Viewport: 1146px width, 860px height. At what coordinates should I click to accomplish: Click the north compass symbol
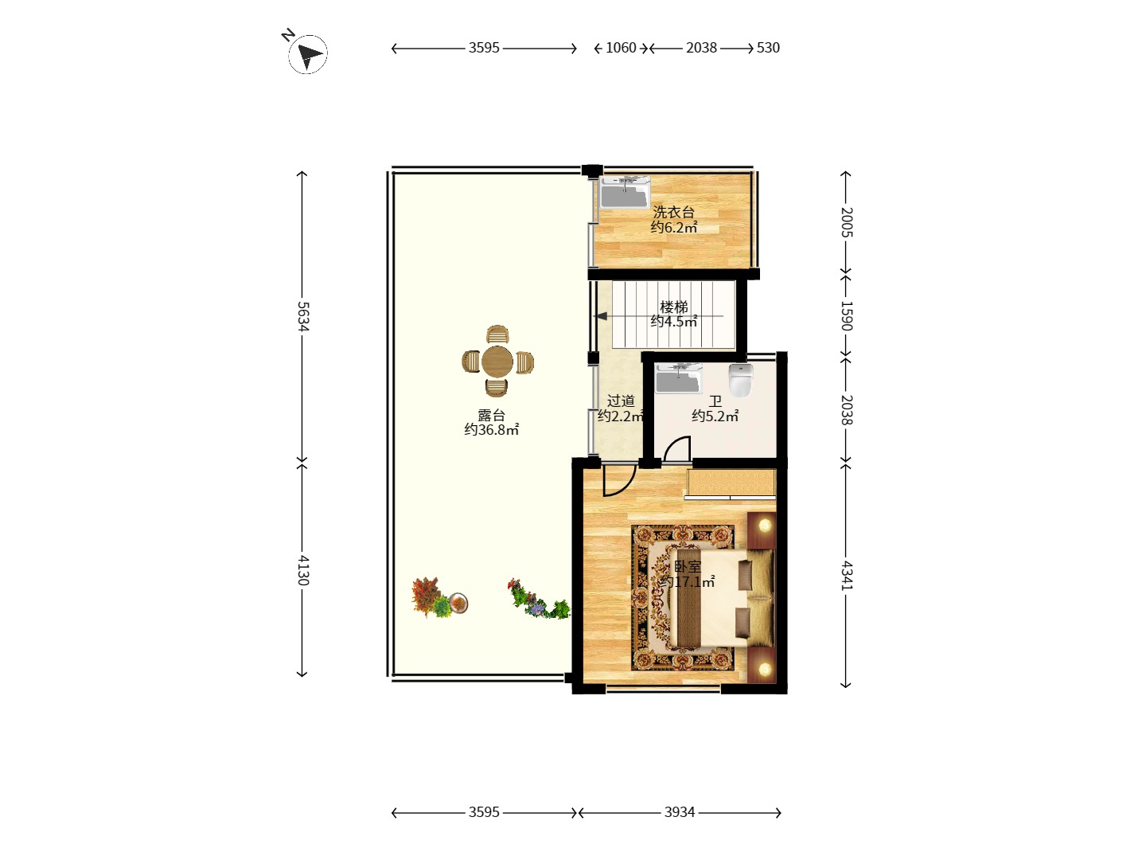[307, 54]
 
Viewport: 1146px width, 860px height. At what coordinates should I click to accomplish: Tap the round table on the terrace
[497, 362]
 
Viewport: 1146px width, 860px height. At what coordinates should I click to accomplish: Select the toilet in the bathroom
[741, 381]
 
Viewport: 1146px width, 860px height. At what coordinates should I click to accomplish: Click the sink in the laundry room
[624, 193]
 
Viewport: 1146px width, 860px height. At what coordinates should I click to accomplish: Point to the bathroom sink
[679, 378]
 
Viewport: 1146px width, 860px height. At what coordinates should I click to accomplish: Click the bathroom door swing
[677, 449]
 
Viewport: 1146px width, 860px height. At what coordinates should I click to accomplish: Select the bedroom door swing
[618, 480]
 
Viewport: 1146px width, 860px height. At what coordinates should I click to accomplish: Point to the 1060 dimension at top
[621, 48]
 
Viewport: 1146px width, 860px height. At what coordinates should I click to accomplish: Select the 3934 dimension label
[680, 812]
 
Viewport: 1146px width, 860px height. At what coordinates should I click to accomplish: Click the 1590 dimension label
[846, 316]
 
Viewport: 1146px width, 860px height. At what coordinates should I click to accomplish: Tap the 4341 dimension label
[846, 576]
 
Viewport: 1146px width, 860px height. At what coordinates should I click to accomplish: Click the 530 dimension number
[768, 48]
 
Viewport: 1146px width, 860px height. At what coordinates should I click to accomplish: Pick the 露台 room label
[491, 415]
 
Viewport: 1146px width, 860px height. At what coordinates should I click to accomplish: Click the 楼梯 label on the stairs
[673, 307]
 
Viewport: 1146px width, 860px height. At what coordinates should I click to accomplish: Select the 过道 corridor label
[621, 401]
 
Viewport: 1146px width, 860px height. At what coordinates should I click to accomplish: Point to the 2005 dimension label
[846, 222]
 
